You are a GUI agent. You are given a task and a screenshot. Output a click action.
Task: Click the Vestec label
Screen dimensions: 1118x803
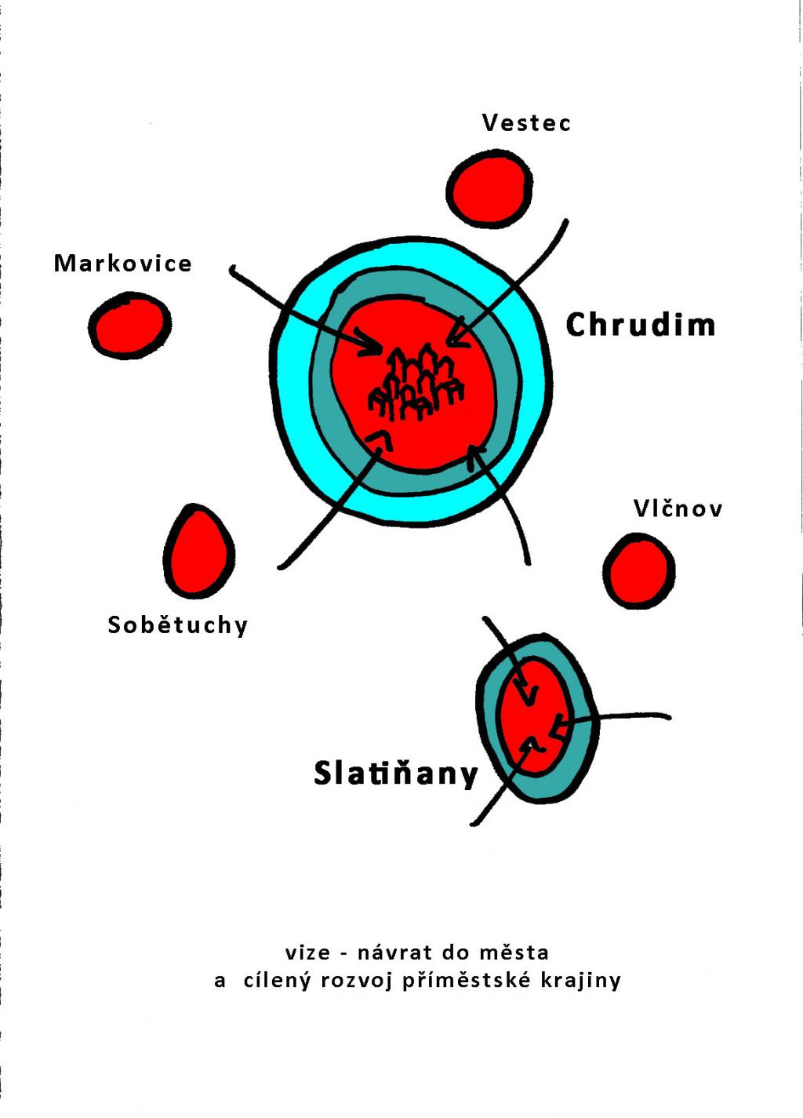(526, 123)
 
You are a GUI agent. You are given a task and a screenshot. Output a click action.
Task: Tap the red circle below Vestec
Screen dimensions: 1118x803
(489, 190)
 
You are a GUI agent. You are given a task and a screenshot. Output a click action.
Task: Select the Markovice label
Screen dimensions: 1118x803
(122, 264)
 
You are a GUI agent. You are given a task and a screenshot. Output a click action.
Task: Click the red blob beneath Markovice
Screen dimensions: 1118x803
(129, 326)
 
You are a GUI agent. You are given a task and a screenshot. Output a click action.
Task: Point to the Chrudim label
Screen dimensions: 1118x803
(641, 325)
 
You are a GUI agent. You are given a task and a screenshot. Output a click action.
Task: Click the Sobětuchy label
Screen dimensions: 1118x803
(177, 625)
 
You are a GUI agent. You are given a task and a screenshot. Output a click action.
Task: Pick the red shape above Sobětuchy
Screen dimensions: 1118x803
(198, 552)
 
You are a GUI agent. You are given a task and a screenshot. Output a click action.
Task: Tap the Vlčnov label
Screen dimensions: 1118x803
(678, 509)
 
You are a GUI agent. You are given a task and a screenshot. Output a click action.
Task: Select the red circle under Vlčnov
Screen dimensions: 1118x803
(639, 571)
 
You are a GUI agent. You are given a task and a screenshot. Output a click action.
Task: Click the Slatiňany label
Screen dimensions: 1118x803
(395, 774)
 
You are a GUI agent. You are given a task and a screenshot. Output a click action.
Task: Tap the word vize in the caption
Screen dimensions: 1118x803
(307, 953)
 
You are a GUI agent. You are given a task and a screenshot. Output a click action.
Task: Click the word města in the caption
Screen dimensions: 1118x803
(514, 953)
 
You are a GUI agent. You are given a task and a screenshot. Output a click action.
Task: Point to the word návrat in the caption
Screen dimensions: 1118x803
(394, 953)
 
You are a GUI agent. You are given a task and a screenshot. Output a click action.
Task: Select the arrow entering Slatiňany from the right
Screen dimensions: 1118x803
(620, 717)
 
